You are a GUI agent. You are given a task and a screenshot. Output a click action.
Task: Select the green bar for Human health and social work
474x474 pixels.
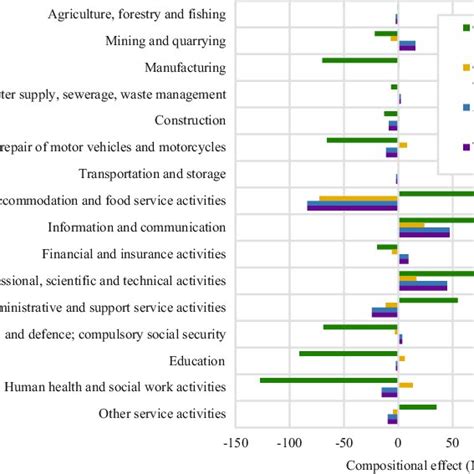(329, 380)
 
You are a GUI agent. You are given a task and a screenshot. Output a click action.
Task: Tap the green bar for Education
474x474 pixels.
(348, 353)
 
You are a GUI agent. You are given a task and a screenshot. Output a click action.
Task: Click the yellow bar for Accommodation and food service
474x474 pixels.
(358, 199)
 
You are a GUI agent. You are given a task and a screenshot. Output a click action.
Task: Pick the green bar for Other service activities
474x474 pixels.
(417, 407)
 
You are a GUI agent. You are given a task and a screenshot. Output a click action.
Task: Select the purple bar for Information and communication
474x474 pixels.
(424, 236)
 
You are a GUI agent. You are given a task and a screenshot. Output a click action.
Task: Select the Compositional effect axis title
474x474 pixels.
(409, 465)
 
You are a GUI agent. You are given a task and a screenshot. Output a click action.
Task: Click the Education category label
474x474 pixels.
(197, 360)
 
